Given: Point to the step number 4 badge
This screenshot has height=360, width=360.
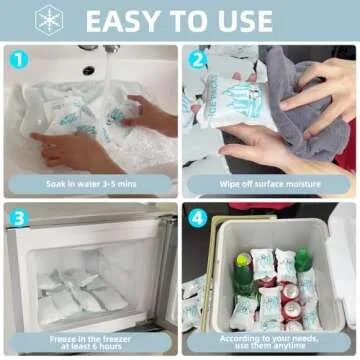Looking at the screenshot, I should point(197,217).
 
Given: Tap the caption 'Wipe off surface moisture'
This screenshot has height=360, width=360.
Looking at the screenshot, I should point(269,183).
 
